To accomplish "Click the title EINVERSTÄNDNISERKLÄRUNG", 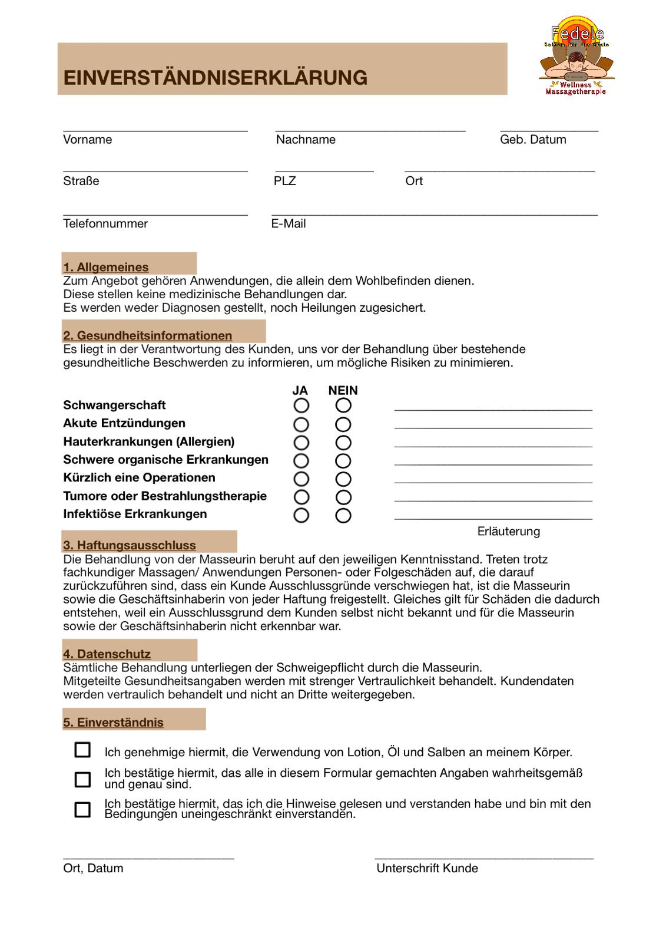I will click(215, 78).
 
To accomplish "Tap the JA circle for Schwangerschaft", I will click(301, 405).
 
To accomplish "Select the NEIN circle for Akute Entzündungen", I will click(343, 424).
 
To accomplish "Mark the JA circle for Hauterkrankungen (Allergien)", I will click(301, 443).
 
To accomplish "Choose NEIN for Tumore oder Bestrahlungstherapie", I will click(343, 497).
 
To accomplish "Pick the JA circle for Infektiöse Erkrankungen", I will click(301, 515).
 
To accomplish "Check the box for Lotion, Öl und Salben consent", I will click(82, 750).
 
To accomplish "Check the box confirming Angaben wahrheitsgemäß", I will click(82, 779).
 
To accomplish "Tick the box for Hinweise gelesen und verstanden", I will click(82, 809).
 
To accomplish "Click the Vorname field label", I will click(87, 140).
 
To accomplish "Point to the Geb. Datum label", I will click(533, 140).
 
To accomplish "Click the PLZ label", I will click(285, 181).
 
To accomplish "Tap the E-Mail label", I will click(289, 224).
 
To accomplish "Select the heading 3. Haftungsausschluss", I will click(130, 545).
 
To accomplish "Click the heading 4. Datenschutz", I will click(107, 654).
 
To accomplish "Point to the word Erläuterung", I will click(509, 532).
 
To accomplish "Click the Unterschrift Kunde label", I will click(428, 868).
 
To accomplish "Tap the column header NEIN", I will click(343, 391).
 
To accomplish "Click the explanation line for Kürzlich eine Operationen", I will click(493, 482).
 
